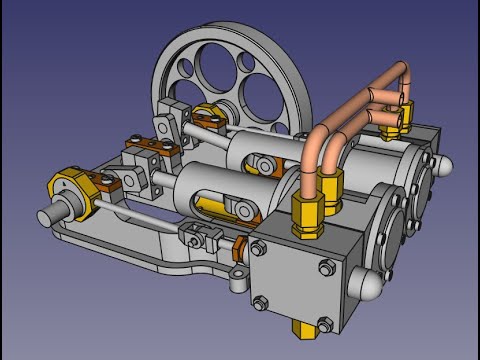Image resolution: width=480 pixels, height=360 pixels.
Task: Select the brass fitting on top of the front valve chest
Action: (304, 211)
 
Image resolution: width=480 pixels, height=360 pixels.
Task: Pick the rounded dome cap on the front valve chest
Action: (372, 286)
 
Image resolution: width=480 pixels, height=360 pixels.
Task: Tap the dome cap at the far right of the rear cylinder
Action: (446, 161)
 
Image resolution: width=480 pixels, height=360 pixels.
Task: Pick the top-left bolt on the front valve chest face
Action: (261, 249)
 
